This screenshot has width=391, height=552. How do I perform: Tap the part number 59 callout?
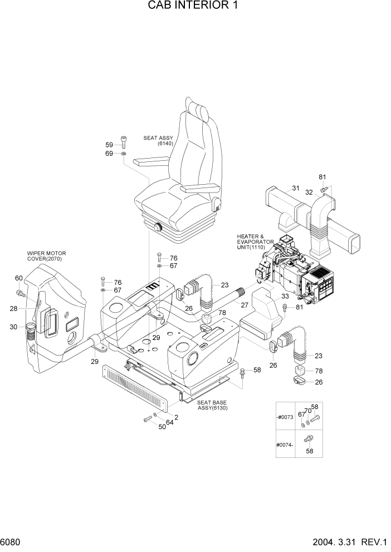coord(109,145)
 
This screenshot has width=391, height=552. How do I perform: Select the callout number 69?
coord(109,154)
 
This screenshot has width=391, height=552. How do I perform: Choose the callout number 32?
coord(308,192)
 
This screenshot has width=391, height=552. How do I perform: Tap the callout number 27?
coord(243,304)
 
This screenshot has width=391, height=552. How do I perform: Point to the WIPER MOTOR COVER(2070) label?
coord(45,256)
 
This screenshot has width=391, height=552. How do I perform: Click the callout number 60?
coord(18,278)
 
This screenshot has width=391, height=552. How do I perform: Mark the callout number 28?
coord(13,308)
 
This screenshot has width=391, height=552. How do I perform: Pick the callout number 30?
coord(13,327)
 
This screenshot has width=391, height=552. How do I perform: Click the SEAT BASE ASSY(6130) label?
coord(213,405)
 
